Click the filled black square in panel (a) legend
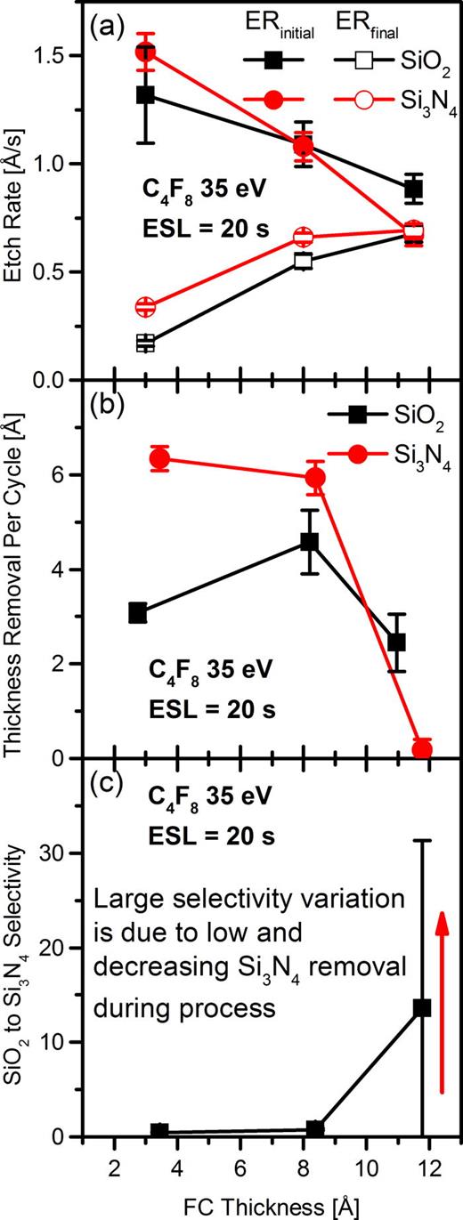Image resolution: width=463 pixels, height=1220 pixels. (273, 59)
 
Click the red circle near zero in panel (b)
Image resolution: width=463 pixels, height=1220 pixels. (422, 748)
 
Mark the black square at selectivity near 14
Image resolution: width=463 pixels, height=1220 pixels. (422, 1007)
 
